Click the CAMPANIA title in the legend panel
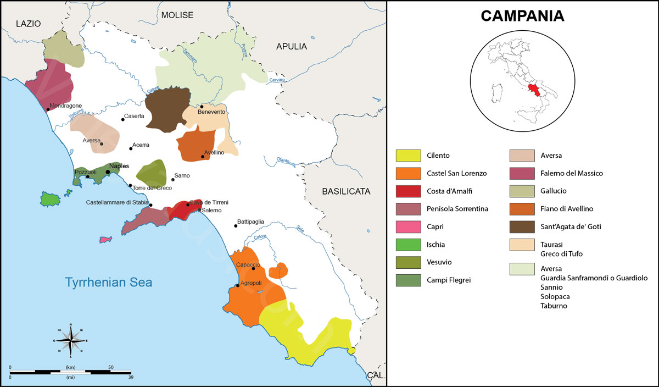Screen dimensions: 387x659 522,16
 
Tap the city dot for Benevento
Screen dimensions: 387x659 202,106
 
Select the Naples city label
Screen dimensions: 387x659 119,166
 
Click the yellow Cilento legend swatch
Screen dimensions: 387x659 408,156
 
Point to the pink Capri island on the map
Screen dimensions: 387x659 105,240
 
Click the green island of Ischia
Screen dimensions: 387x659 49,198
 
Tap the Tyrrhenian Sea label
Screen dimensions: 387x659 109,283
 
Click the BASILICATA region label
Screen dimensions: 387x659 346,192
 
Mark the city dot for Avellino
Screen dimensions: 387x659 203,157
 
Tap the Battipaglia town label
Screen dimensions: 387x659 250,222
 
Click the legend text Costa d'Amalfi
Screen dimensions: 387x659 449,191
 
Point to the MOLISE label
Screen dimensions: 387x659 177,15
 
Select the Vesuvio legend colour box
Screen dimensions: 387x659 408,262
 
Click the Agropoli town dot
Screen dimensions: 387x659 237,286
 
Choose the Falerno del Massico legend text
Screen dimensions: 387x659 572,173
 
